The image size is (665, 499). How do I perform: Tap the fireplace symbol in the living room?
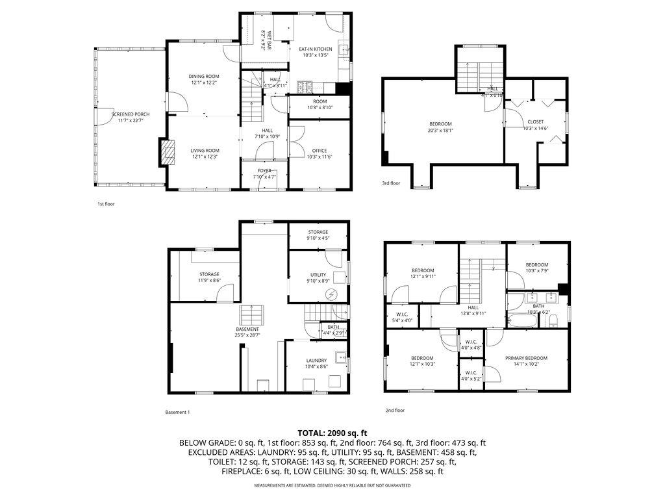pos(168,153)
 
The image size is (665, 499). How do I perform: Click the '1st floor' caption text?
pos(107,204)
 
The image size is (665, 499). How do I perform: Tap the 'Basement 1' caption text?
pos(177,412)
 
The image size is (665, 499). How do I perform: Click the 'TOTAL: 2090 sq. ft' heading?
pos(332,433)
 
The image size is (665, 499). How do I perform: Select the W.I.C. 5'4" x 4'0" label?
pos(402,316)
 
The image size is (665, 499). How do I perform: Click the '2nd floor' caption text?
pos(395,410)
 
